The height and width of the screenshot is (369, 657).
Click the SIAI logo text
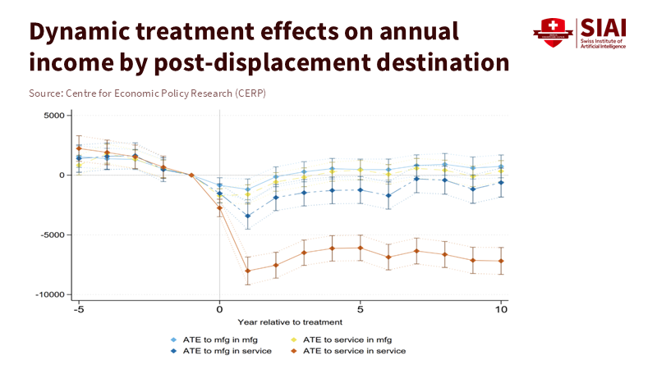[603, 28]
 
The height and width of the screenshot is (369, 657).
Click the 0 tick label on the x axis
[219, 310]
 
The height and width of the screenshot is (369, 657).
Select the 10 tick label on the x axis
[501, 310]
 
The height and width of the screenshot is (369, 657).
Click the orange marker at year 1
[247, 271]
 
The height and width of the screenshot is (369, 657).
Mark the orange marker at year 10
[501, 262]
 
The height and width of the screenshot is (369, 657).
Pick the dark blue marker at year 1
[247, 216]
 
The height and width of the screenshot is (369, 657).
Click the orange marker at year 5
[360, 248]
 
